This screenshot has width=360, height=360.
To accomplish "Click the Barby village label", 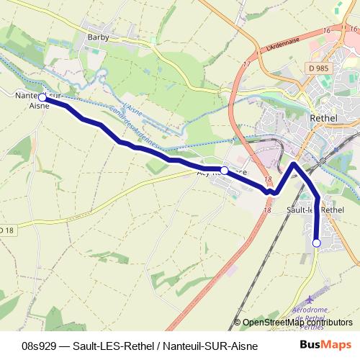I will pos(96,36).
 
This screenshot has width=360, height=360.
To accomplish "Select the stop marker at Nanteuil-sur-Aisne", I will pos(42,96).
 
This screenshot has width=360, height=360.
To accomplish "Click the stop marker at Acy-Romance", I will pos(225,170).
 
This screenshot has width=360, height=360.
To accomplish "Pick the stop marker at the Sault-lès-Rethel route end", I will pos(317,243).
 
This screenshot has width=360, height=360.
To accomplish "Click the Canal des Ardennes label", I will pos(135,128).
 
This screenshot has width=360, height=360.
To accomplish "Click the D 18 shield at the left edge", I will pos(6,229).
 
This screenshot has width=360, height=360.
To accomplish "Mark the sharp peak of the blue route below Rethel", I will pos(294,165).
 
